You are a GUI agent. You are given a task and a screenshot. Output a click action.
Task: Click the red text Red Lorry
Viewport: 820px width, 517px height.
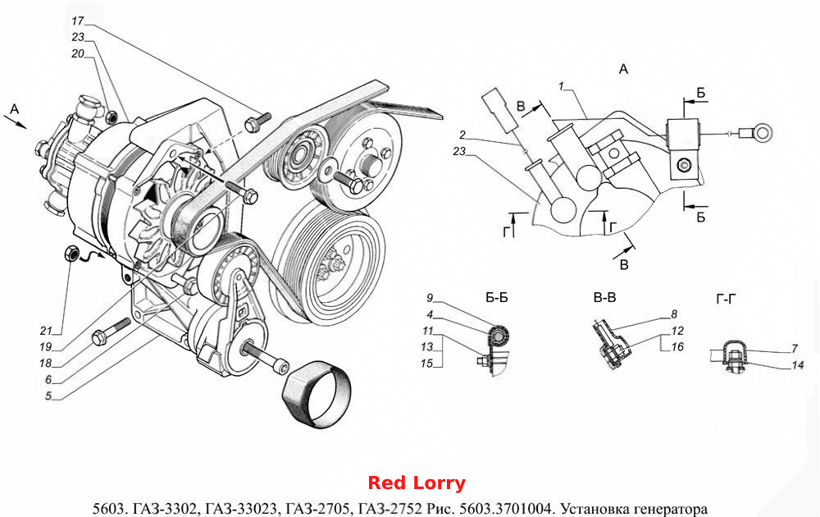click(417, 483)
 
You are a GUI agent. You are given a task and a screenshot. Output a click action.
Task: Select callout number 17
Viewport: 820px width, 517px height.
click(77, 21)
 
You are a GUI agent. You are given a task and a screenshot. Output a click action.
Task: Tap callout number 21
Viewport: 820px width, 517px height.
click(46, 331)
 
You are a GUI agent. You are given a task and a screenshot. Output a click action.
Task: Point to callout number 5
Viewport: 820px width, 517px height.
click(48, 396)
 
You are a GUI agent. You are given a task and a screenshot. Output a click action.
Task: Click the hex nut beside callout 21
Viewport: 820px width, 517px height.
click(71, 254)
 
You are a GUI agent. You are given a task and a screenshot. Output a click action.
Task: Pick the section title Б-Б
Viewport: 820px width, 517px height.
click(496, 298)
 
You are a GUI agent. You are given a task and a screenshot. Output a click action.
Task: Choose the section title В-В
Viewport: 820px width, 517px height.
click(604, 298)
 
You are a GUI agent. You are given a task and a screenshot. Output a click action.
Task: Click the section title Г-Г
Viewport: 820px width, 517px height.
click(726, 300)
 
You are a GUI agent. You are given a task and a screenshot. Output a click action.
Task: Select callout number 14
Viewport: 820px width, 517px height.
click(797, 365)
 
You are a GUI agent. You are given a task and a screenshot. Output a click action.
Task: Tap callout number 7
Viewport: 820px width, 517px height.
click(795, 348)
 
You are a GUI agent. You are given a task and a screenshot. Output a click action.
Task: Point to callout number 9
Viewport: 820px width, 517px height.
click(430, 298)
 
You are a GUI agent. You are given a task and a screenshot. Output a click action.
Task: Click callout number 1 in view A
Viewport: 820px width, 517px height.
click(561, 86)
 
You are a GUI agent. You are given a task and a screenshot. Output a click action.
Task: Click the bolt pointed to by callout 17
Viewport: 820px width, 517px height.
click(257, 122)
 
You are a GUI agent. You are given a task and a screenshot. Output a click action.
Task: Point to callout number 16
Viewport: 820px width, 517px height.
click(677, 346)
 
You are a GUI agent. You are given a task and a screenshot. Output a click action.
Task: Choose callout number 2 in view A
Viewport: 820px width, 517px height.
click(462, 135)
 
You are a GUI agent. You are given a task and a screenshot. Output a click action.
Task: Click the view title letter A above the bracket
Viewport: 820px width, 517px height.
click(623, 69)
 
